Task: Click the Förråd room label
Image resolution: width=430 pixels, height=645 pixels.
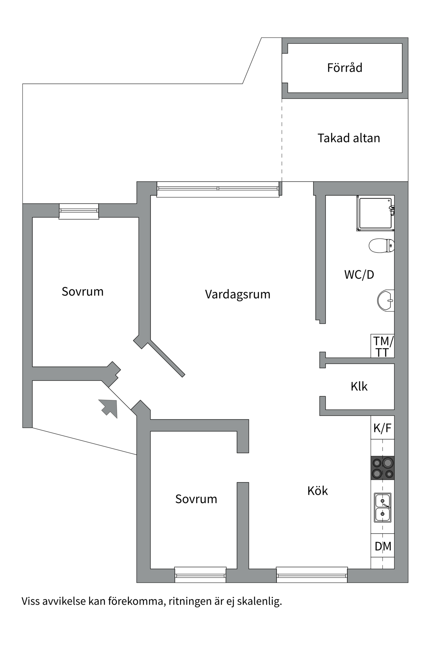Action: [x=345, y=68]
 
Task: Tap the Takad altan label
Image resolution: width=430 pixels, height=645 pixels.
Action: [x=349, y=138]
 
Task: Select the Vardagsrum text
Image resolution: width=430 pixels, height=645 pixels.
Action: [x=238, y=294]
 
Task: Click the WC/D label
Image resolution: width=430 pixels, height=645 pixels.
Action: [x=359, y=274]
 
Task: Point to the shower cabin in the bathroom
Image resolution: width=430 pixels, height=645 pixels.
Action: [x=375, y=214]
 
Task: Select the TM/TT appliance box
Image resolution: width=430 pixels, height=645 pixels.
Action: [x=382, y=346]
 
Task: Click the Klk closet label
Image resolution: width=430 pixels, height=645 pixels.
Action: [x=359, y=386]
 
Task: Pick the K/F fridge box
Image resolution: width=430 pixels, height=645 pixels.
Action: [x=382, y=428]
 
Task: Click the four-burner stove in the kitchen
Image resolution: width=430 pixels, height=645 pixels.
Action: [x=382, y=468]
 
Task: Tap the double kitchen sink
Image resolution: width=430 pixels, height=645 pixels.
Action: [x=382, y=507]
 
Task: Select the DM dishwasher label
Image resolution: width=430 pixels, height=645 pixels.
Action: [x=383, y=547]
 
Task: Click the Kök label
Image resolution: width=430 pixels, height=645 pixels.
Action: [x=317, y=491]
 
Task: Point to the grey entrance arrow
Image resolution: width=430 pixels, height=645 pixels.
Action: [x=109, y=408]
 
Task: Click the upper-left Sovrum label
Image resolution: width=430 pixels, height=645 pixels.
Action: [x=82, y=292]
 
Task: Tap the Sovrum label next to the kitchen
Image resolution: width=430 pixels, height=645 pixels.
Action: [x=196, y=499]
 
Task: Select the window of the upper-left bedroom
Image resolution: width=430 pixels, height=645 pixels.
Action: [x=79, y=211]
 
